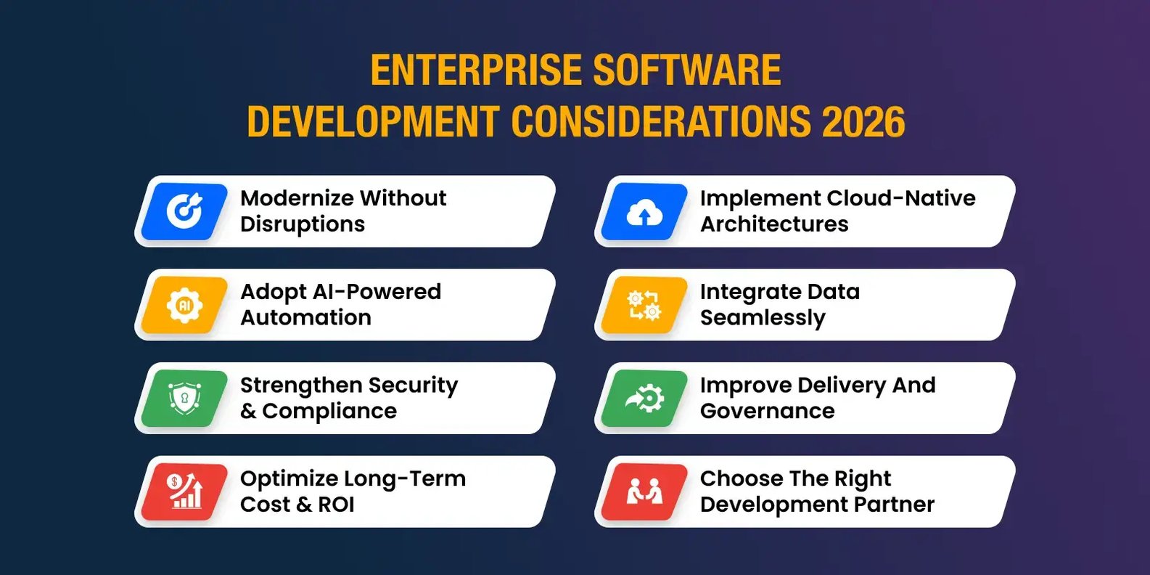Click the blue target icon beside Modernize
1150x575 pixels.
point(184,211)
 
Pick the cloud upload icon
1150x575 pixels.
point(644,211)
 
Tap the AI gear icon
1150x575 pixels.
point(184,305)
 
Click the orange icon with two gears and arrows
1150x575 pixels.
point(644,305)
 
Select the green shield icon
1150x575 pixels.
point(184,399)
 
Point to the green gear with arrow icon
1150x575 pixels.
point(644,399)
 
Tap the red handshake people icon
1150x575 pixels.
point(644,492)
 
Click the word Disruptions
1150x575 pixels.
point(303,224)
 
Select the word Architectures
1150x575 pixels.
point(774,224)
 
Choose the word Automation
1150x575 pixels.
point(306,317)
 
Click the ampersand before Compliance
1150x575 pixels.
point(248,411)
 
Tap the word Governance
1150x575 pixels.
point(768,411)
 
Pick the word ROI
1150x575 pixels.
point(336,505)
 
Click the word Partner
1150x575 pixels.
point(894,505)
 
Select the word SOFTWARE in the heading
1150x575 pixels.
point(687,70)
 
